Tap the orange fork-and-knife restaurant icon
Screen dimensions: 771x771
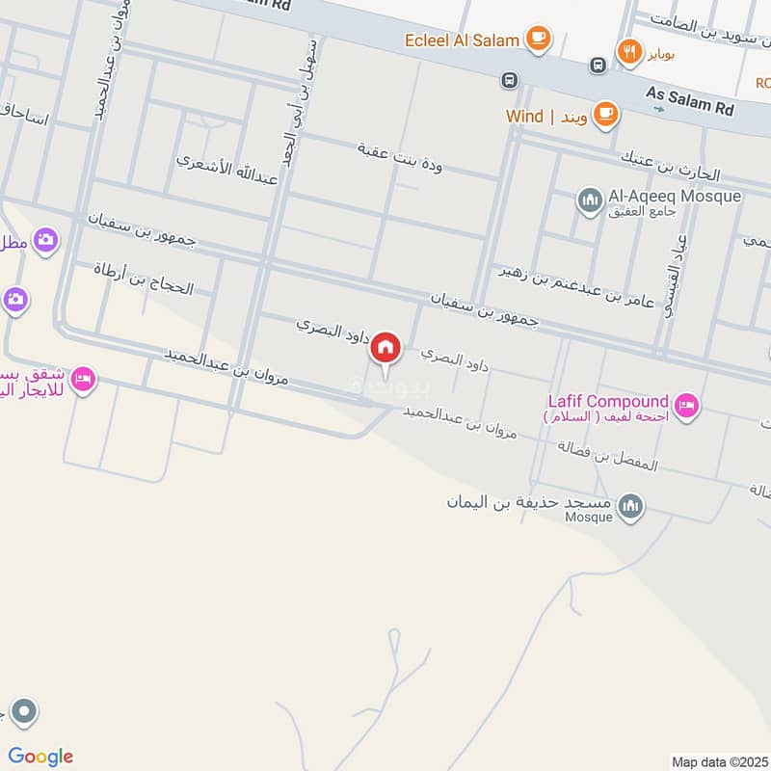[x=630, y=52]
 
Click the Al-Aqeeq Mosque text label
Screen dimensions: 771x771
[x=675, y=197]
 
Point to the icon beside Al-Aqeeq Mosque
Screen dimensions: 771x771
[x=590, y=200]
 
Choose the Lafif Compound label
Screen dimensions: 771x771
[x=607, y=401]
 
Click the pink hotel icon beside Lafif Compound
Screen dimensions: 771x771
[x=686, y=406]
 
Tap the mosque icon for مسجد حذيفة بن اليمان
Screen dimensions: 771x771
[x=630, y=506]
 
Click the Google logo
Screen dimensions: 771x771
[x=40, y=757]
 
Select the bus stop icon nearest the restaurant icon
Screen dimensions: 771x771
[x=598, y=65]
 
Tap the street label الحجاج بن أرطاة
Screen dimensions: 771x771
[x=144, y=279]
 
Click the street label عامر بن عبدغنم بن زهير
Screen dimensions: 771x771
[x=575, y=286]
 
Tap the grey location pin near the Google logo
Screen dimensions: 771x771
[x=24, y=714]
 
